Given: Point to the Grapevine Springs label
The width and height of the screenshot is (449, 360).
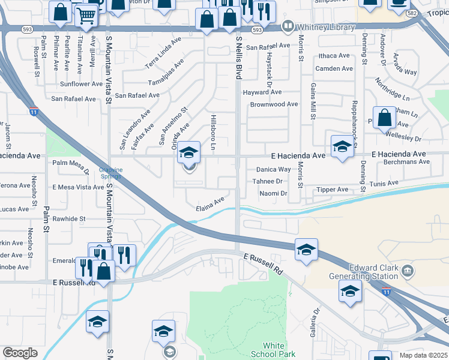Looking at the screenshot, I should pos(110,173).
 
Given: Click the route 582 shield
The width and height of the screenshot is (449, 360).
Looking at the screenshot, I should pos(411,12).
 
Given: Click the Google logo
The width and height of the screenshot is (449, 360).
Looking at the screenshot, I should pos(20,353).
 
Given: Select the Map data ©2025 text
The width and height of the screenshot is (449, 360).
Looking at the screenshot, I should pos(424,355).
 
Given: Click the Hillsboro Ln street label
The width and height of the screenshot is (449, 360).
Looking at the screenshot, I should pos(213,132).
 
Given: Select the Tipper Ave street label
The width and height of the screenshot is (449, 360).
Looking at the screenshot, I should pos(333,190).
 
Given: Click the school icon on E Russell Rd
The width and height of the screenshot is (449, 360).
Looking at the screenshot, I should pos(306,248).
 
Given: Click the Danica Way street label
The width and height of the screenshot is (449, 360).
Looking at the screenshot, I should pos(274,170).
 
